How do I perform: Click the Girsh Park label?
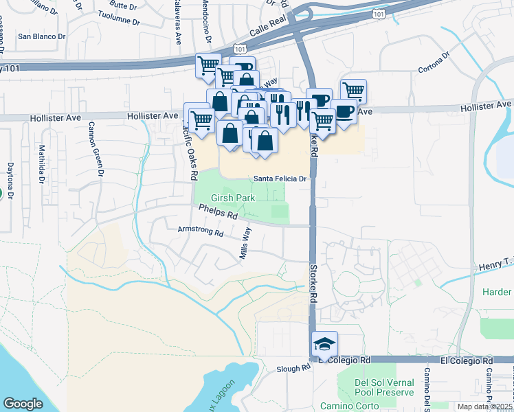[232, 198]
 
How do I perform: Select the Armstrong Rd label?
[201, 233]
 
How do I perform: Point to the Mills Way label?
[245, 245]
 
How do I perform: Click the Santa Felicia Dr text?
[279, 179]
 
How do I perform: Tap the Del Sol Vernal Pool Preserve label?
[384, 387]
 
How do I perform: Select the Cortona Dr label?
[436, 62]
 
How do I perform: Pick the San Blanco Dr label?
[41, 36]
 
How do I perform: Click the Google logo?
[23, 404]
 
